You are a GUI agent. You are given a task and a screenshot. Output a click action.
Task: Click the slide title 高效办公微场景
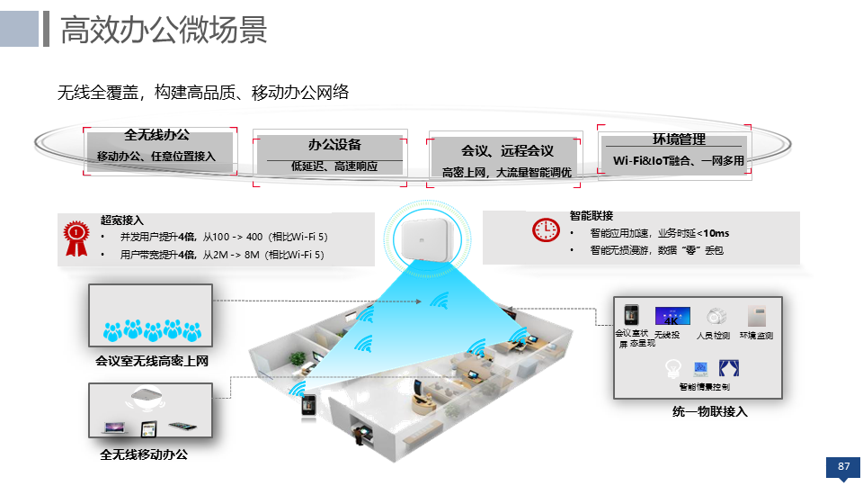(163, 30)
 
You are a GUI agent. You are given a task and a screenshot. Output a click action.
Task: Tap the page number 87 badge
(842, 466)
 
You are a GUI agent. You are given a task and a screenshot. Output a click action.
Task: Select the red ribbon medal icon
(76, 237)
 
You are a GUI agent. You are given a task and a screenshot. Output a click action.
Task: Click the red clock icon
(545, 230)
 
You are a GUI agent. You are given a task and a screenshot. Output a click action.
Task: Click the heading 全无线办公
(156, 135)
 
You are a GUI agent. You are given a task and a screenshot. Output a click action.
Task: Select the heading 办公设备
(334, 144)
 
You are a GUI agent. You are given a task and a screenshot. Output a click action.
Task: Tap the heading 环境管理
(679, 139)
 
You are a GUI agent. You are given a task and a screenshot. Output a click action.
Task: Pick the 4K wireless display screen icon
(672, 316)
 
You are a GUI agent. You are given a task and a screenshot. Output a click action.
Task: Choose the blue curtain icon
(728, 367)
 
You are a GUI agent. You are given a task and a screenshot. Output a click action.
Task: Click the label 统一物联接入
(709, 411)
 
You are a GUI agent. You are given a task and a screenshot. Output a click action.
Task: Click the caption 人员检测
(713, 336)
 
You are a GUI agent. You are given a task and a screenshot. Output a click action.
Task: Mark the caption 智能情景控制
(704, 387)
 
